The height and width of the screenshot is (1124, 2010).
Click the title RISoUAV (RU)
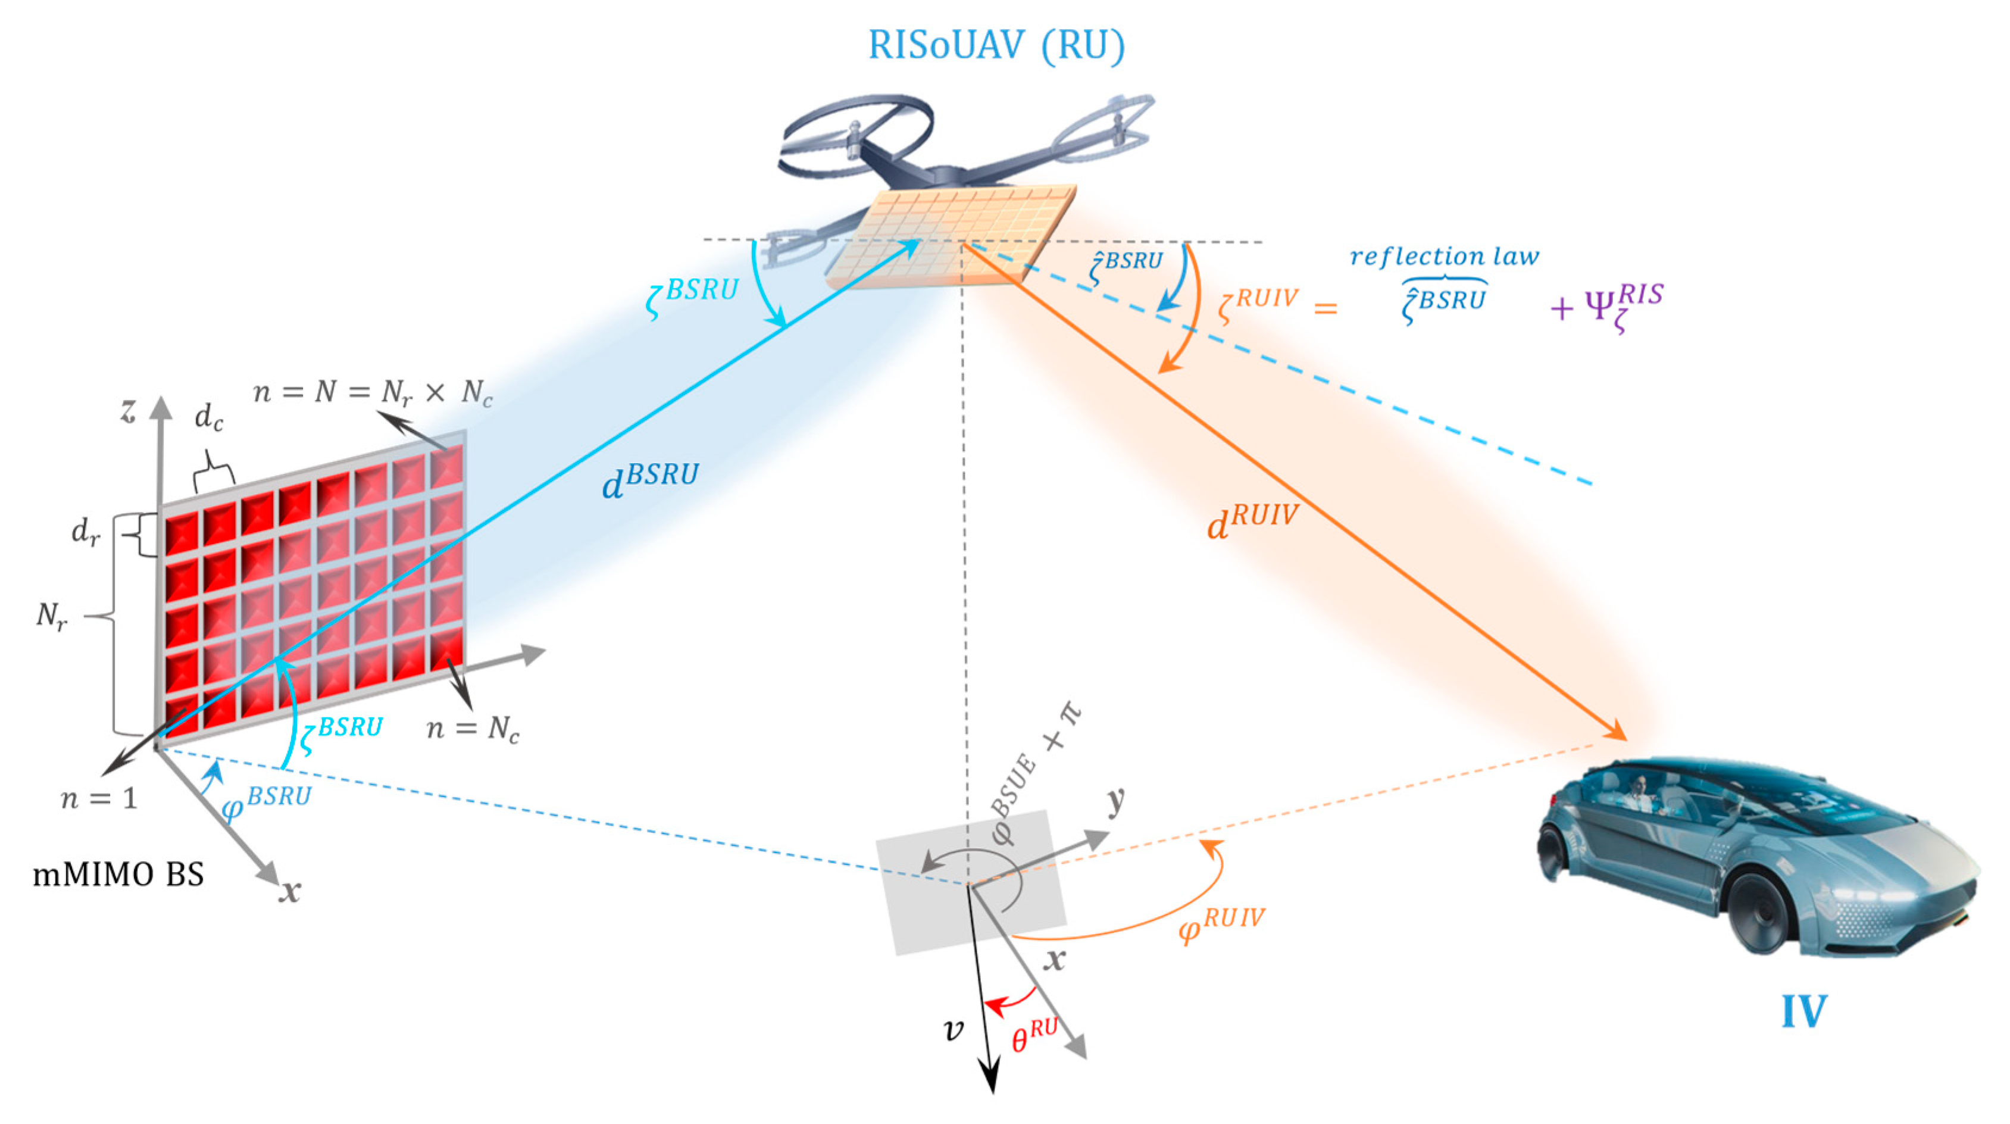[996, 45]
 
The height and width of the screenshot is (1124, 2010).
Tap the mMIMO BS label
[118, 874]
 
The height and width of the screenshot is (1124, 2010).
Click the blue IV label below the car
[1803, 1011]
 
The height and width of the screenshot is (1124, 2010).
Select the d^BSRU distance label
[650, 480]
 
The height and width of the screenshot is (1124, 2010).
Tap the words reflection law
[1445, 256]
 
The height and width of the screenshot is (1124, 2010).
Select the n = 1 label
[99, 798]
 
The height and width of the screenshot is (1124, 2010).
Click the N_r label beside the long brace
[52, 617]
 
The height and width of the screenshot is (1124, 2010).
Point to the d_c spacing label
[208, 417]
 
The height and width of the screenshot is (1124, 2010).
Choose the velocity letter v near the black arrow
[954, 1031]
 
